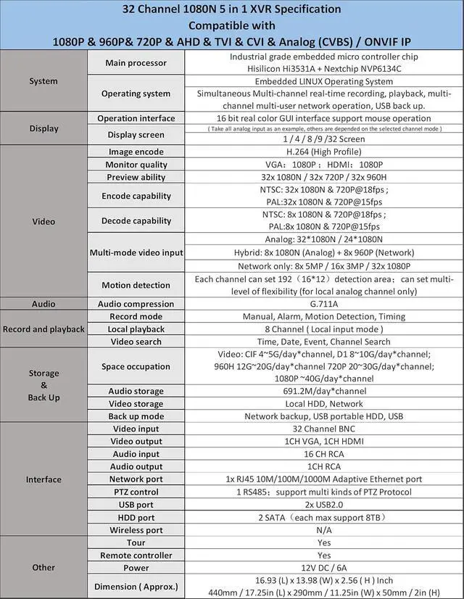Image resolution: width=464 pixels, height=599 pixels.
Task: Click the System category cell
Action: (x=43, y=81)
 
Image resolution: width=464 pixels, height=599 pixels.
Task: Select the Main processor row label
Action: (x=136, y=64)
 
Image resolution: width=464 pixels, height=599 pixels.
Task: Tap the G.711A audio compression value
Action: (x=323, y=304)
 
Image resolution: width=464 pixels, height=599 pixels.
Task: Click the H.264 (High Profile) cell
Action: (x=323, y=152)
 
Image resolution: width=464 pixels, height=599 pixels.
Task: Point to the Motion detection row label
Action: (x=136, y=285)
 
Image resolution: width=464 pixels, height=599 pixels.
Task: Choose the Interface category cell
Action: (x=43, y=479)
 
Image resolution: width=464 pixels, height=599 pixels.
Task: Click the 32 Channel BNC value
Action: (x=323, y=429)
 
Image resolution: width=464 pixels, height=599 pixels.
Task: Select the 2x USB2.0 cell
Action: (x=323, y=505)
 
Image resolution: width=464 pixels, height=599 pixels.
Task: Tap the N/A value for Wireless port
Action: (x=323, y=530)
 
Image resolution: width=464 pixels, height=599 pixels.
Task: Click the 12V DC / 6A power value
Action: (x=323, y=568)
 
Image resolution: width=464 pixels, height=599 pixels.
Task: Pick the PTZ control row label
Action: (x=136, y=492)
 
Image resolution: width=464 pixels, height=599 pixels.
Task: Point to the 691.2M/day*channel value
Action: (x=323, y=392)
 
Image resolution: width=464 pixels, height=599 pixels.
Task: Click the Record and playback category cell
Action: (x=43, y=329)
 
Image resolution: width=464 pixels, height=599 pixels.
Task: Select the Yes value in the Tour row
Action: (x=323, y=542)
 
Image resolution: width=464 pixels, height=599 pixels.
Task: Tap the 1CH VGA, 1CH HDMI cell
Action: (x=323, y=442)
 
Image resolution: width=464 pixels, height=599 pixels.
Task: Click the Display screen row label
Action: (x=136, y=134)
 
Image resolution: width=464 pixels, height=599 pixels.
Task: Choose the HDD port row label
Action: (x=136, y=518)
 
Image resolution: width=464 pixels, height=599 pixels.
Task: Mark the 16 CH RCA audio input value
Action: (x=323, y=454)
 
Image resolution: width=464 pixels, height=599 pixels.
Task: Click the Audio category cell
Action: (x=43, y=304)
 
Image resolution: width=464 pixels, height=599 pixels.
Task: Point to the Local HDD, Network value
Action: (x=323, y=404)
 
